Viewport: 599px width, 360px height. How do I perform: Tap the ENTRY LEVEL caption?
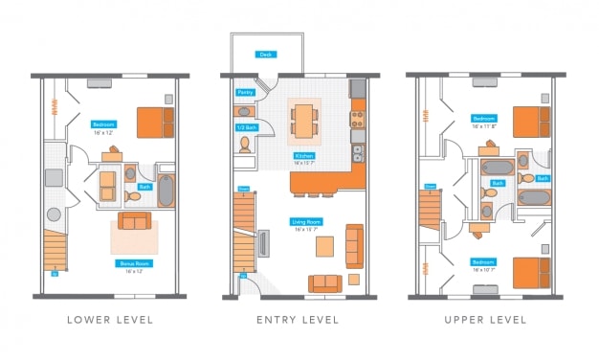tap(297, 319)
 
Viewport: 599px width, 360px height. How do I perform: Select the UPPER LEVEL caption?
tap(485, 319)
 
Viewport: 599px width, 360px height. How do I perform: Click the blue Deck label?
tap(265, 56)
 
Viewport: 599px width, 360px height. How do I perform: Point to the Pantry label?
tap(245, 93)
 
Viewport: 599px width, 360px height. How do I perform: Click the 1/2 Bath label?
tap(245, 127)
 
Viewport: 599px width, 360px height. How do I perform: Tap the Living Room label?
tap(305, 222)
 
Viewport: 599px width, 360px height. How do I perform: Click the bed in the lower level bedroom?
tap(154, 123)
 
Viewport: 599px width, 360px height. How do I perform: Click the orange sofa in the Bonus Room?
tap(134, 222)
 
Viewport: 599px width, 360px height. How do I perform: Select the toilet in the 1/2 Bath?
tap(245, 145)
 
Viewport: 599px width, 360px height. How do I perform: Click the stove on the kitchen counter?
tap(358, 120)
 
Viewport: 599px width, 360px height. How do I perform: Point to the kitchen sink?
tap(358, 152)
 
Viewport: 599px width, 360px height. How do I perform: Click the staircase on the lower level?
tap(57, 251)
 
